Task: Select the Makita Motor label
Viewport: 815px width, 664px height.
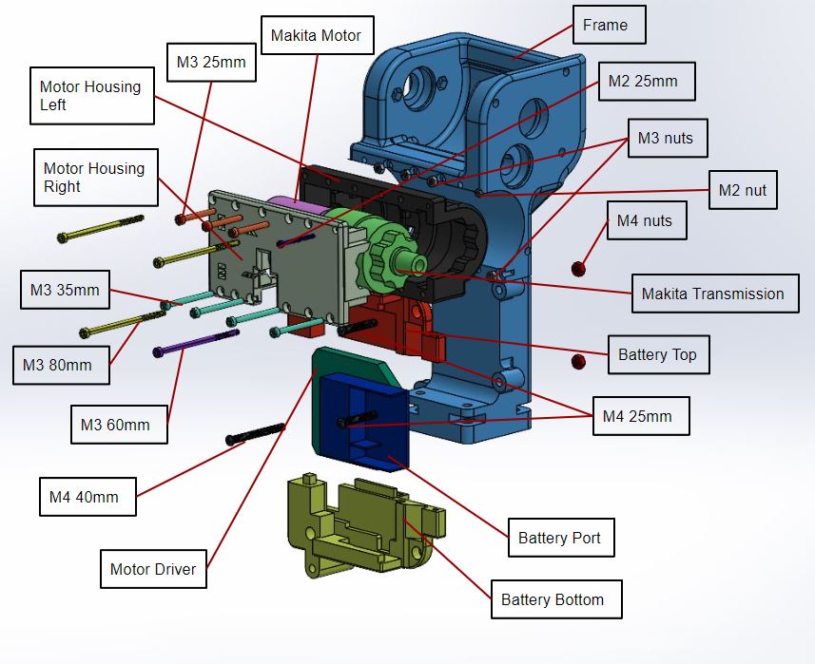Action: tap(317, 36)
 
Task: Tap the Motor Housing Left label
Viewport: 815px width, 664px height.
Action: tap(91, 96)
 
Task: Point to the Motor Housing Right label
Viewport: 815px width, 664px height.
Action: tap(94, 177)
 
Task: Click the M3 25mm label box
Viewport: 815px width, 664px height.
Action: tap(211, 63)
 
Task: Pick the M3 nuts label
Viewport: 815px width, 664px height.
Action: tap(666, 139)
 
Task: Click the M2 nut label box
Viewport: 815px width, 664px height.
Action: tap(743, 190)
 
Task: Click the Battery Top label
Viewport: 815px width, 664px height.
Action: tap(657, 355)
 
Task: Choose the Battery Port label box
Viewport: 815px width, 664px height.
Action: tap(559, 538)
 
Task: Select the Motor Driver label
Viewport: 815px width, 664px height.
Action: tap(153, 569)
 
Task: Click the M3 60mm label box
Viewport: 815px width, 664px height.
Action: tap(119, 425)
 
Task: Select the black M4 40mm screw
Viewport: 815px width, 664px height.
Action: tap(255, 433)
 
